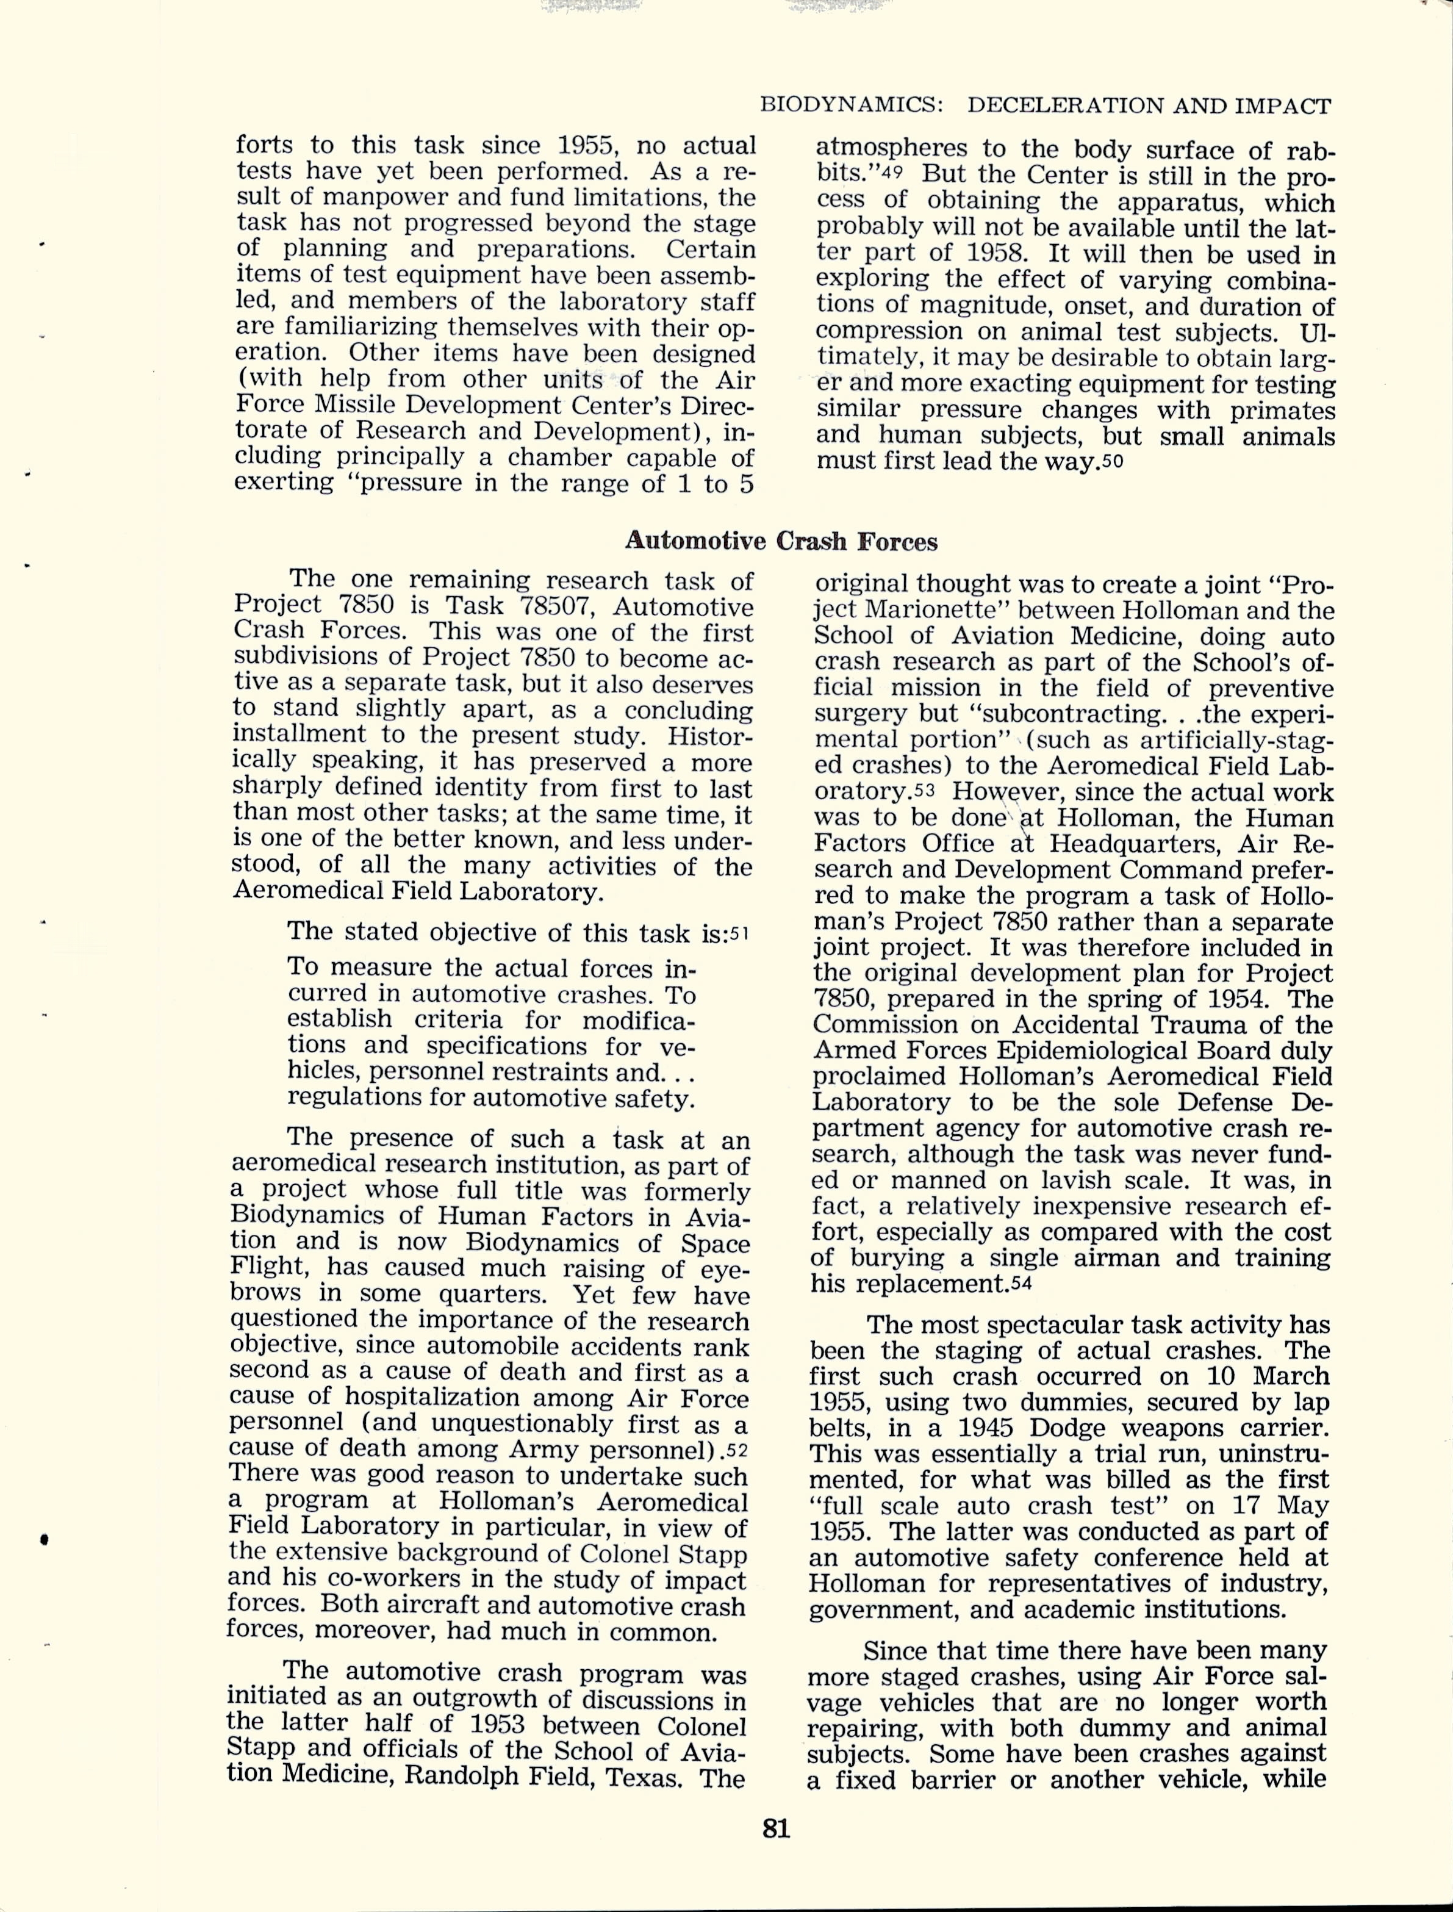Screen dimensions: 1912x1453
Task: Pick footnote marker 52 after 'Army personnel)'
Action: [737, 1450]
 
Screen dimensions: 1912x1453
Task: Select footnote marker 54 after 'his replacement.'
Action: [1021, 1284]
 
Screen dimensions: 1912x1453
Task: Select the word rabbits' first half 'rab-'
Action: [1311, 151]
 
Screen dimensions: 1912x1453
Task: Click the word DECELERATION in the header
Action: [1066, 106]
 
